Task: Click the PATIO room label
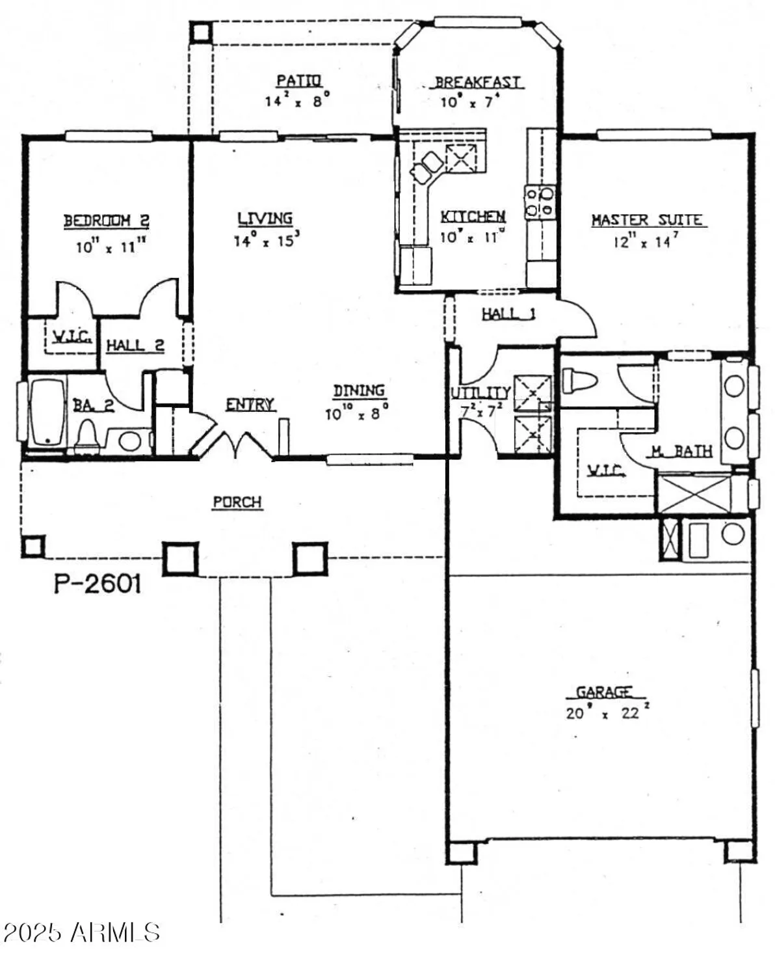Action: coord(298,81)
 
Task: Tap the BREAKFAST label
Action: coord(478,82)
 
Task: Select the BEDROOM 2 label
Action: coord(106,221)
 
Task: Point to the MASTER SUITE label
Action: coord(648,220)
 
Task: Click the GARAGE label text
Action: coord(604,692)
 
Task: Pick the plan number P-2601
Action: coord(97,584)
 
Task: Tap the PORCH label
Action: coord(237,502)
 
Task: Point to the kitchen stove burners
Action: coord(540,201)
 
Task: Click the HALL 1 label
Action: coord(508,314)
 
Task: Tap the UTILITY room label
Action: coord(480,393)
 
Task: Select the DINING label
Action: coord(359,390)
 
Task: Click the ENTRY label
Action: coord(250,405)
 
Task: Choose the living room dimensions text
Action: coord(267,240)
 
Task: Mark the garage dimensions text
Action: coord(607,712)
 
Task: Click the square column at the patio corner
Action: coord(200,33)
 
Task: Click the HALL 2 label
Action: coord(135,345)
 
